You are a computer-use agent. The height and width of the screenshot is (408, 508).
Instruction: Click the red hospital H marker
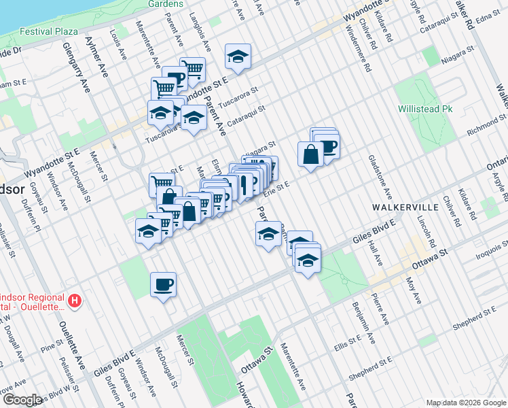pos(76,299)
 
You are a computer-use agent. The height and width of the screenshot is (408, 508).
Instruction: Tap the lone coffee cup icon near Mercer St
pos(164,284)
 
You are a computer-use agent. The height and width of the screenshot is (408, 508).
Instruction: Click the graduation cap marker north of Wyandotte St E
pos(238,56)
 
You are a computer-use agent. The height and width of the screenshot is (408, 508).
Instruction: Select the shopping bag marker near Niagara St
pos(310,154)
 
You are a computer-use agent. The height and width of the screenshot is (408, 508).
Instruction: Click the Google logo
pos(23,400)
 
